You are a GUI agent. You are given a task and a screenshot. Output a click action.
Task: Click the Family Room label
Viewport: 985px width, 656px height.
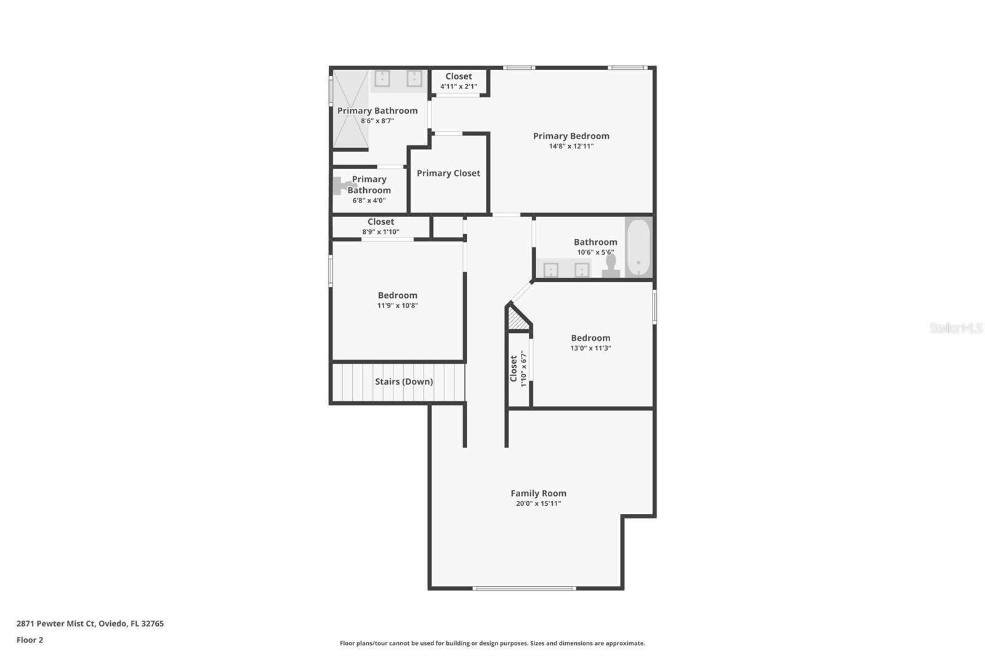coord(538,494)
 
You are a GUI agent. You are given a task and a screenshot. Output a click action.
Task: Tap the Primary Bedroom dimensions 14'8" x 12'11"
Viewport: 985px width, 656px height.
coord(571,146)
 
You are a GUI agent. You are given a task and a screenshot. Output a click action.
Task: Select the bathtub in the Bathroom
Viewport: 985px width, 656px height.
coord(638,248)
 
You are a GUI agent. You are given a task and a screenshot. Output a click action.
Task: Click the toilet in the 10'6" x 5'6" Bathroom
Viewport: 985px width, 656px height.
coord(611,266)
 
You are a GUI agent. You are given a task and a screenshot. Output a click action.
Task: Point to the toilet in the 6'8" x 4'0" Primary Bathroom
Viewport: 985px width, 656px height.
coord(340,186)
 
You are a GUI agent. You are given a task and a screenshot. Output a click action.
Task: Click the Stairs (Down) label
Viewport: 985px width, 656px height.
coord(404,382)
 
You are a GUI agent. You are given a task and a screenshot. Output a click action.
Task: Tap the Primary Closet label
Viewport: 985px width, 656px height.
coord(448,174)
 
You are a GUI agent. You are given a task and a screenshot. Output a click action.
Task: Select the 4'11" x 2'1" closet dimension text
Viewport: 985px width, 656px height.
coord(459,87)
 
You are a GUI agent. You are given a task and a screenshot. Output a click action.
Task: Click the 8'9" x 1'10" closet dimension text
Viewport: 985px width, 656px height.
coord(381,232)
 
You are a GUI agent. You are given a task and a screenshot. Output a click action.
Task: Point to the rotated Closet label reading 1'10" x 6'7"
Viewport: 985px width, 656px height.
coord(518,369)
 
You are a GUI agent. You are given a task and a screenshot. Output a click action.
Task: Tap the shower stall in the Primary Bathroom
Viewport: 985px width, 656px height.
coord(350,108)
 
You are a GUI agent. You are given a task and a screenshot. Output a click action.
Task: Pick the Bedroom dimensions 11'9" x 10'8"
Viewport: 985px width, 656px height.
coord(398,306)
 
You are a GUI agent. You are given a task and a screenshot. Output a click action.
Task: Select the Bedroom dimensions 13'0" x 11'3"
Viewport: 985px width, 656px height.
coord(590,348)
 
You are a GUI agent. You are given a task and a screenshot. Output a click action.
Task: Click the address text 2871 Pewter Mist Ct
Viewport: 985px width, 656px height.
coord(56,623)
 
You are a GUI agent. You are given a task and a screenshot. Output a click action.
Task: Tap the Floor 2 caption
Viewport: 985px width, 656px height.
coord(30,640)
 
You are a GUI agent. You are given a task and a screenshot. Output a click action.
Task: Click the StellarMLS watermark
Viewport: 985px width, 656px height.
coord(955,328)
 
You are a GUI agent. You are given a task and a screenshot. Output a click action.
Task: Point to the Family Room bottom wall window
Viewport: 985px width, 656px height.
coord(524,588)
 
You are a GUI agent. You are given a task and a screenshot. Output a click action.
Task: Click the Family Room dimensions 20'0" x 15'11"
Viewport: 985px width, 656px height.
coord(538,504)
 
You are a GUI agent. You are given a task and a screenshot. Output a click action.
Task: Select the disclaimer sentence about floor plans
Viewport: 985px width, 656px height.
coord(492,643)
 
